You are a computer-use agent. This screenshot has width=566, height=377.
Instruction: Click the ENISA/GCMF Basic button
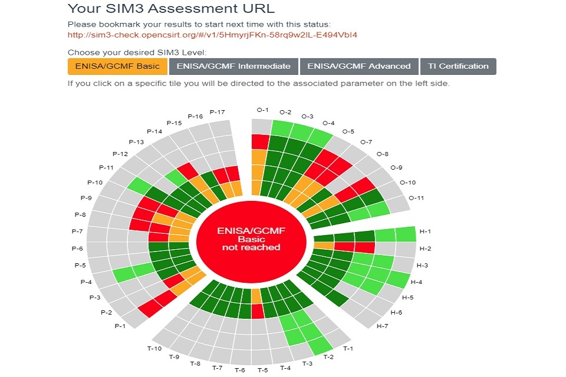point(117,67)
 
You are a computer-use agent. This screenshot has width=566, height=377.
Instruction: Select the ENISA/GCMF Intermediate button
point(233,67)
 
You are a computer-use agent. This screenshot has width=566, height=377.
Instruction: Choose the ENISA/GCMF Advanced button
point(358,67)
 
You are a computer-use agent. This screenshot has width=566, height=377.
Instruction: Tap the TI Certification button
point(459,67)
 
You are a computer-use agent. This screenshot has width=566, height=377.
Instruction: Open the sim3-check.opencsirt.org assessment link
point(212,35)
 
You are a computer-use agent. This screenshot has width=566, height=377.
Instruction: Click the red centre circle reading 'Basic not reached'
point(251,239)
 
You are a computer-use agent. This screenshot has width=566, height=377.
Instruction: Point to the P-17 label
point(218,112)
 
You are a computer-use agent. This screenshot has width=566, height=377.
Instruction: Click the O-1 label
point(262,110)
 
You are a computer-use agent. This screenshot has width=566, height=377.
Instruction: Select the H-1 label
point(425,232)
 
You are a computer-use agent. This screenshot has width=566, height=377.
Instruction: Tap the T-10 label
point(154,349)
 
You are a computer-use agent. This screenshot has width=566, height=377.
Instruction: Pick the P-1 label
point(121,326)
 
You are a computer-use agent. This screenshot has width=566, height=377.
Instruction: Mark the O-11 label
point(416,198)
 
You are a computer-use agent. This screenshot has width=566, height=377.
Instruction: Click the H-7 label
point(383,326)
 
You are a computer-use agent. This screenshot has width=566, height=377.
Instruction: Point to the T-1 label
point(348,349)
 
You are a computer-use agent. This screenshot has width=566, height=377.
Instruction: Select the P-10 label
point(95,183)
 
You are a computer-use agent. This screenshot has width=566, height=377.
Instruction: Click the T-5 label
point(262,370)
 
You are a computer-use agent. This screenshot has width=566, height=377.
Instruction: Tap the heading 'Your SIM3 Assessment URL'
point(171,9)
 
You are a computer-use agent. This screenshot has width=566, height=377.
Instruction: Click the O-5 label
point(348,132)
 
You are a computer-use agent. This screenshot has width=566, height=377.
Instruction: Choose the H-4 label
point(416,282)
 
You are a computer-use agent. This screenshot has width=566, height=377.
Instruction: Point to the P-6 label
point(77,249)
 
